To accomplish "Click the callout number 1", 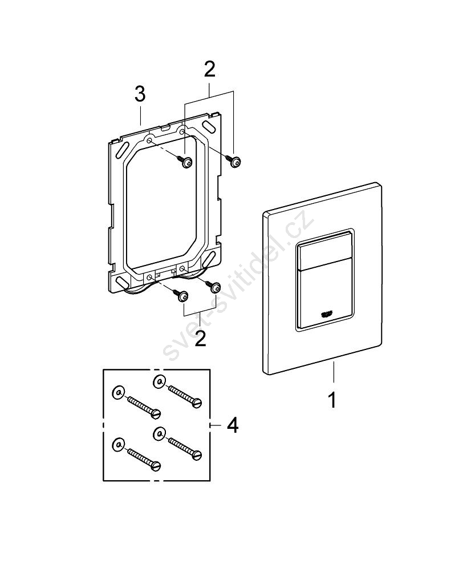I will click(x=332, y=399).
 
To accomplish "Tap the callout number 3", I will click(x=140, y=95).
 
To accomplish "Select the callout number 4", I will click(x=232, y=425).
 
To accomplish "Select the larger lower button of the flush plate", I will click(x=326, y=297).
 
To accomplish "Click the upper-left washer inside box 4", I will click(x=118, y=393).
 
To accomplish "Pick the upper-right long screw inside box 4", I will click(x=184, y=395).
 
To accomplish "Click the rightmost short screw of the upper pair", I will click(x=235, y=162).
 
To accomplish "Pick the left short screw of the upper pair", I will click(x=186, y=163).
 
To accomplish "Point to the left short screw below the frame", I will click(x=182, y=296).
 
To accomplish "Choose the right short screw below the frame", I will click(x=215, y=286).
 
